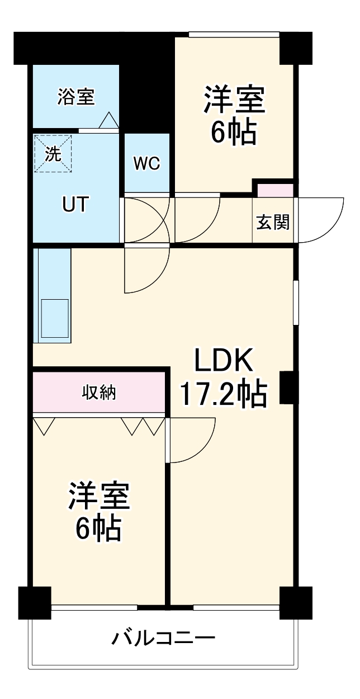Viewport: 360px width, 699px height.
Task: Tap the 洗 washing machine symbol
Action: pyautogui.click(x=53, y=154)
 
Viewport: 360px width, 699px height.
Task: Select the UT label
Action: pyautogui.click(x=74, y=205)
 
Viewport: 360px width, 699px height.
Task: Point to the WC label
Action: pyautogui.click(x=146, y=163)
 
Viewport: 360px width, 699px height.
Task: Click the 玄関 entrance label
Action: pyautogui.click(x=273, y=222)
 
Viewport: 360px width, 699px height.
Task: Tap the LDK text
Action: pyautogui.click(x=224, y=362)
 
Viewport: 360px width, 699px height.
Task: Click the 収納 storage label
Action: pyautogui.click(x=99, y=393)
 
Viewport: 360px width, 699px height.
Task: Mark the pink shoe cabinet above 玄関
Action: pyautogui.click(x=275, y=190)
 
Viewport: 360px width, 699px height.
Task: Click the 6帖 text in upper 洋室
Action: pyautogui.click(x=233, y=132)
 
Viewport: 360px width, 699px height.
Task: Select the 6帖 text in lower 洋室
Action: pyautogui.click(x=99, y=528)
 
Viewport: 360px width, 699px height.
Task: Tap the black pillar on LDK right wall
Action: pyautogui.click(x=287, y=388)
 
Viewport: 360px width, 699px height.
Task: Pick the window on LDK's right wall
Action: pyautogui.click(x=296, y=302)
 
